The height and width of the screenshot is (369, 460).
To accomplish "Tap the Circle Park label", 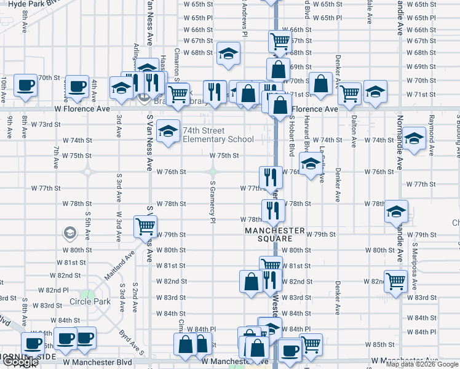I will (90, 301).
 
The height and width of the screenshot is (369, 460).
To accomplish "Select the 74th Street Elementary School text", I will (218, 135).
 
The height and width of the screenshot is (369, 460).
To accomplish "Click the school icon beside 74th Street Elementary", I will (168, 131).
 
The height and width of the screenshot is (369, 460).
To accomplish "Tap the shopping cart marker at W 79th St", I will (145, 226).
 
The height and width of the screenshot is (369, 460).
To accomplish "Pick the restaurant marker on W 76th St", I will (271, 177).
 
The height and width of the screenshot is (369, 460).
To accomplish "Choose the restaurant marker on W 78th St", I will (271, 210).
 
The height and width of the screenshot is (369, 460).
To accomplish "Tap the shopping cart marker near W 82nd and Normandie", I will (395, 281).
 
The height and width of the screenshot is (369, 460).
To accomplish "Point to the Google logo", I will (20, 362).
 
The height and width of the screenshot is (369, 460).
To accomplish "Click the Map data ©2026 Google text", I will (422, 364).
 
